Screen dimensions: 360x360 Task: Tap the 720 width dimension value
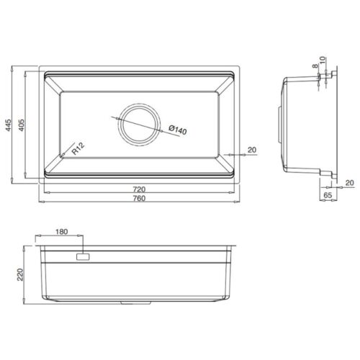137,190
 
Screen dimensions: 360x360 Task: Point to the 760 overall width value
137,199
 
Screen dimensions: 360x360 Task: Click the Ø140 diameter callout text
177,131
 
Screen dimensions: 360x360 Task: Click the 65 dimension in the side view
328,194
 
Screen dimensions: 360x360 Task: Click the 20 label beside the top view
251,150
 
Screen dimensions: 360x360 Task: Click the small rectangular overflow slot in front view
82,256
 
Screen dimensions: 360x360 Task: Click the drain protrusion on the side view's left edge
280,119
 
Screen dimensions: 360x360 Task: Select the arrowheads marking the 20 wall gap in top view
229,155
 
